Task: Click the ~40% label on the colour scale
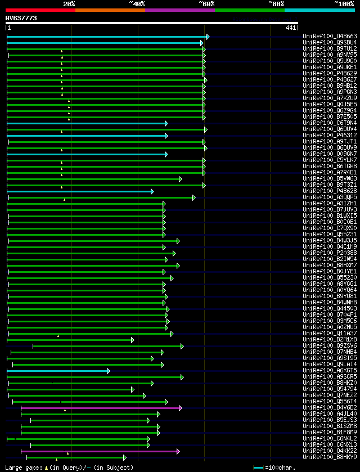(137, 3)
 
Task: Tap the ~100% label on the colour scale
(344, 3)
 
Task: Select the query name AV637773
(21, 18)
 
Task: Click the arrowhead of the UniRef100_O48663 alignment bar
(208, 37)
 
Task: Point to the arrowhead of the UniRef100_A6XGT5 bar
(109, 371)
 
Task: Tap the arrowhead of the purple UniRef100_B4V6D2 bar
(180, 392)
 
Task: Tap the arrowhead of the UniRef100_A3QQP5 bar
(193, 197)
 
